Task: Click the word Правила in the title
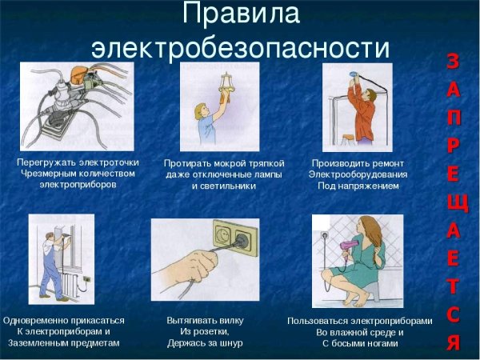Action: (x=239, y=14)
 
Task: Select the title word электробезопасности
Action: (x=240, y=46)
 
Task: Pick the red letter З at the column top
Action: (x=453, y=61)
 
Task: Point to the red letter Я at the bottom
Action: (x=453, y=342)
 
